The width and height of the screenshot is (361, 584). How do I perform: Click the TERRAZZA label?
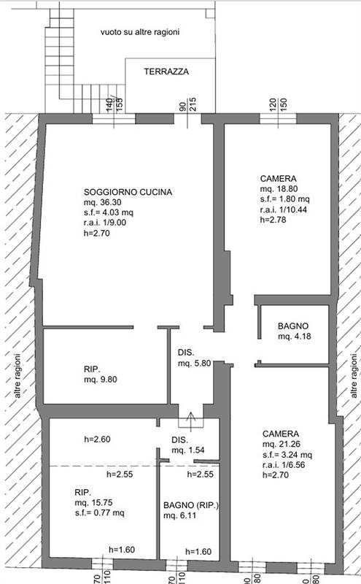(167, 72)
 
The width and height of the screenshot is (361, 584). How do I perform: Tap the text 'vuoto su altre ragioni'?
(141, 33)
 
